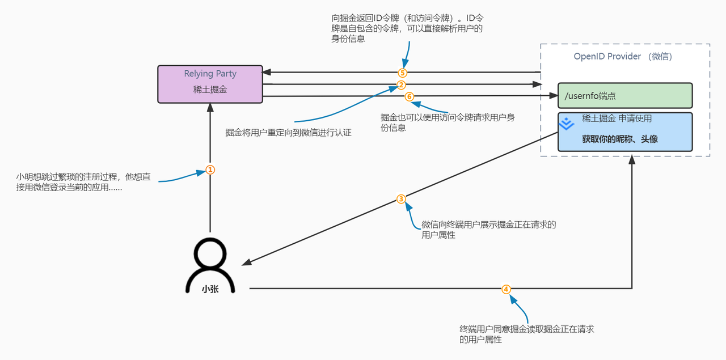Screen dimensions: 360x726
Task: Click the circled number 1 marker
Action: (210, 170)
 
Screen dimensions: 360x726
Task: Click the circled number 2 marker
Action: (401, 85)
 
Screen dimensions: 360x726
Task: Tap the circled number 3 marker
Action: (401, 199)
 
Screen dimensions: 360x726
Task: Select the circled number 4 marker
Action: (506, 289)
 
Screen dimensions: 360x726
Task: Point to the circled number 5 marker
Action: (402, 73)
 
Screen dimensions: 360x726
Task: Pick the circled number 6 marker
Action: (410, 96)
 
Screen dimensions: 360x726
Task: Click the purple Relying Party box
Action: (210, 84)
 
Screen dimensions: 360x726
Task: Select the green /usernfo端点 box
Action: (625, 95)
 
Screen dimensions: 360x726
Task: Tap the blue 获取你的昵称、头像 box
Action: (625, 132)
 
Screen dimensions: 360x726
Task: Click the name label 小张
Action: (210, 289)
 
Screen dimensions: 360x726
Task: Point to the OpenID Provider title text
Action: (623, 57)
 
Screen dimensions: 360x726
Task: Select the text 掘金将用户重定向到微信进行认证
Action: (288, 133)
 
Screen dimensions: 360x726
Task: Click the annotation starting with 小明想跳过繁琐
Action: (83, 182)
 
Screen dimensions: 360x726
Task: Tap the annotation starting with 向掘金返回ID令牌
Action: (407, 28)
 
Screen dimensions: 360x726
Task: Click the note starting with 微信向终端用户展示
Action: (488, 230)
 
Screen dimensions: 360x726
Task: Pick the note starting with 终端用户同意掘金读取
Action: (530, 334)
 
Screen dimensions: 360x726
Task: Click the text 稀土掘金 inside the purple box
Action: (210, 90)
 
